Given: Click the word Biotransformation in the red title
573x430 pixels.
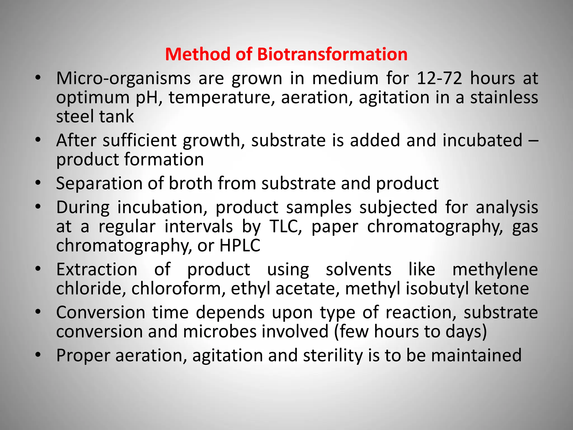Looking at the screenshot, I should point(332,54).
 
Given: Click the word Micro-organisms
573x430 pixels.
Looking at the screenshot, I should point(123,79).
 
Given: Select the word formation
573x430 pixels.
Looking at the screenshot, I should point(164,159).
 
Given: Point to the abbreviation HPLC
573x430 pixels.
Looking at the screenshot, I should point(240,246).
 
